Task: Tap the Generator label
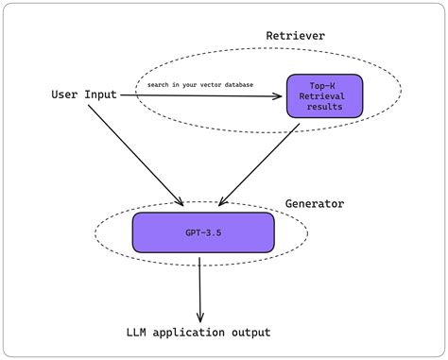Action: tap(315, 204)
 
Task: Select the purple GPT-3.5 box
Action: tap(203, 231)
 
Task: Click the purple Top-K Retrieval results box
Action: tap(324, 95)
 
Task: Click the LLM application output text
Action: tap(198, 333)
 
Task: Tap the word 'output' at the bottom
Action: tap(249, 333)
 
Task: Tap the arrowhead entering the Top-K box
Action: tap(281, 95)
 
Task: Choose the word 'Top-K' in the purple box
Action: tap(324, 84)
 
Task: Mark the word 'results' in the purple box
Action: tap(324, 108)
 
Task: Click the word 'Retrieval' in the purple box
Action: tap(324, 95)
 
